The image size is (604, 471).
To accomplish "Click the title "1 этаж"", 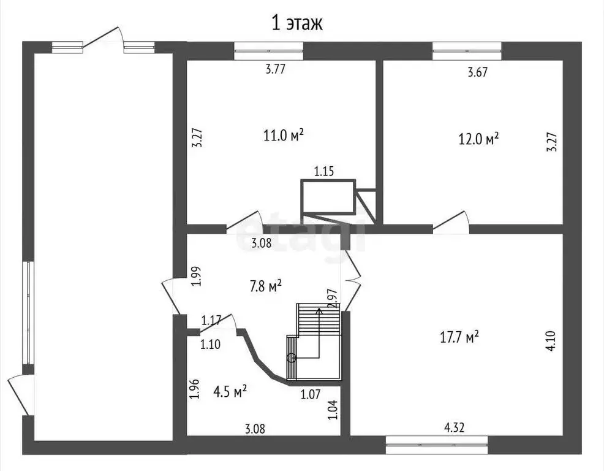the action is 297,23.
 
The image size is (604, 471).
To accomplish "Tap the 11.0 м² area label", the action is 284,135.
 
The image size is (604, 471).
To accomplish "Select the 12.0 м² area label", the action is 479,138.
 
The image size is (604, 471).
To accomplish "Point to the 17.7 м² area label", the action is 459,337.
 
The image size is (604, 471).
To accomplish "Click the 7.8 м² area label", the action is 266,286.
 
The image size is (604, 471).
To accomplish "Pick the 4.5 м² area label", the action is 230,391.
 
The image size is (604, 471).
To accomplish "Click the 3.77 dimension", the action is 276,69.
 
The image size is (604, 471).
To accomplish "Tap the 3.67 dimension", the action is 478,72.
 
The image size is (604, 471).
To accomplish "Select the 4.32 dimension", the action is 455,427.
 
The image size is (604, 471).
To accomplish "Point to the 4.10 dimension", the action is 551,340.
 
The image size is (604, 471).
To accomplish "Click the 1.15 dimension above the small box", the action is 324,171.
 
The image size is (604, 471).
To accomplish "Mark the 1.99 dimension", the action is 197,276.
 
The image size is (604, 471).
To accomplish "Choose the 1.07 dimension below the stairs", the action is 311,394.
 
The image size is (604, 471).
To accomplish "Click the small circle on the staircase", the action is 292,358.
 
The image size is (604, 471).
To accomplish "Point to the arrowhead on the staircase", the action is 319,310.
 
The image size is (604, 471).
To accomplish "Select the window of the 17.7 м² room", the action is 437,445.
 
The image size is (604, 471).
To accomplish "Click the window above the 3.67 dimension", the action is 467,51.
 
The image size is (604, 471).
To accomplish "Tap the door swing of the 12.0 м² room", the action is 451,222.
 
